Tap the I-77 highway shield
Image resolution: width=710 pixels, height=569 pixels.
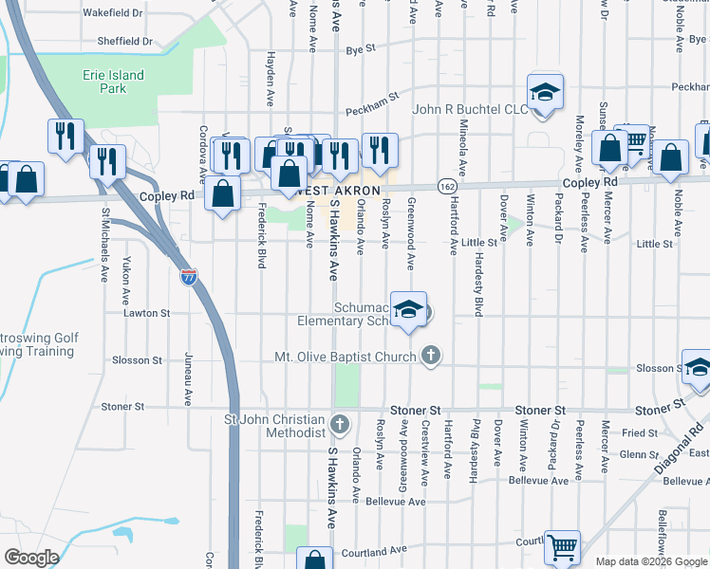click(x=190, y=277)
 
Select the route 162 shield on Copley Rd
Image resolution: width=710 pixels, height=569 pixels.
click(x=446, y=186)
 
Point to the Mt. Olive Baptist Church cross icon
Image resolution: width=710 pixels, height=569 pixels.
click(x=431, y=357)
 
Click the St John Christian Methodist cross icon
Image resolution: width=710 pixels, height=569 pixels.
click(x=340, y=422)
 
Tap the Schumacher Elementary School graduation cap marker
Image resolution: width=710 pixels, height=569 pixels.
click(x=408, y=310)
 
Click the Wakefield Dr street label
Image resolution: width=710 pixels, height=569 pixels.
click(x=112, y=14)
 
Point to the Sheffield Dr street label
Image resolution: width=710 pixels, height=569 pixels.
click(x=125, y=42)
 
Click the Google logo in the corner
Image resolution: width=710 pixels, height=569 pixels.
click(x=31, y=557)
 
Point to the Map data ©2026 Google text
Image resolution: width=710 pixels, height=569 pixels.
click(x=651, y=561)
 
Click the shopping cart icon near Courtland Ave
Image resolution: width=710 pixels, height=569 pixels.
click(x=563, y=547)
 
